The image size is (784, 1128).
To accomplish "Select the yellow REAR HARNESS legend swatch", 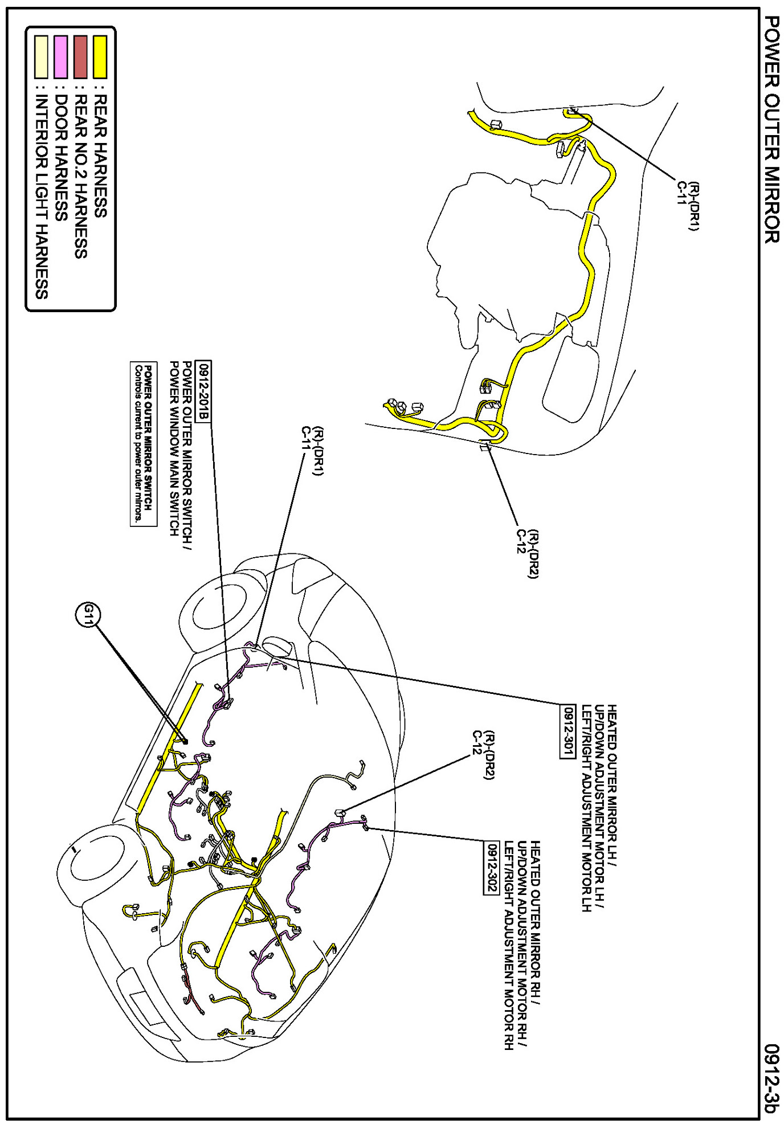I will [100, 56].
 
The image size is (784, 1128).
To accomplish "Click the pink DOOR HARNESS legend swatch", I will [61, 56].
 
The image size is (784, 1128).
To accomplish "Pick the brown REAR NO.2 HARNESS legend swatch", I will [80, 56].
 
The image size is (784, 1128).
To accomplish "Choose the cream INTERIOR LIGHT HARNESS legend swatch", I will [41, 56].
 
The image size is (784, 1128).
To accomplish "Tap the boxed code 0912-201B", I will [203, 391].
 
